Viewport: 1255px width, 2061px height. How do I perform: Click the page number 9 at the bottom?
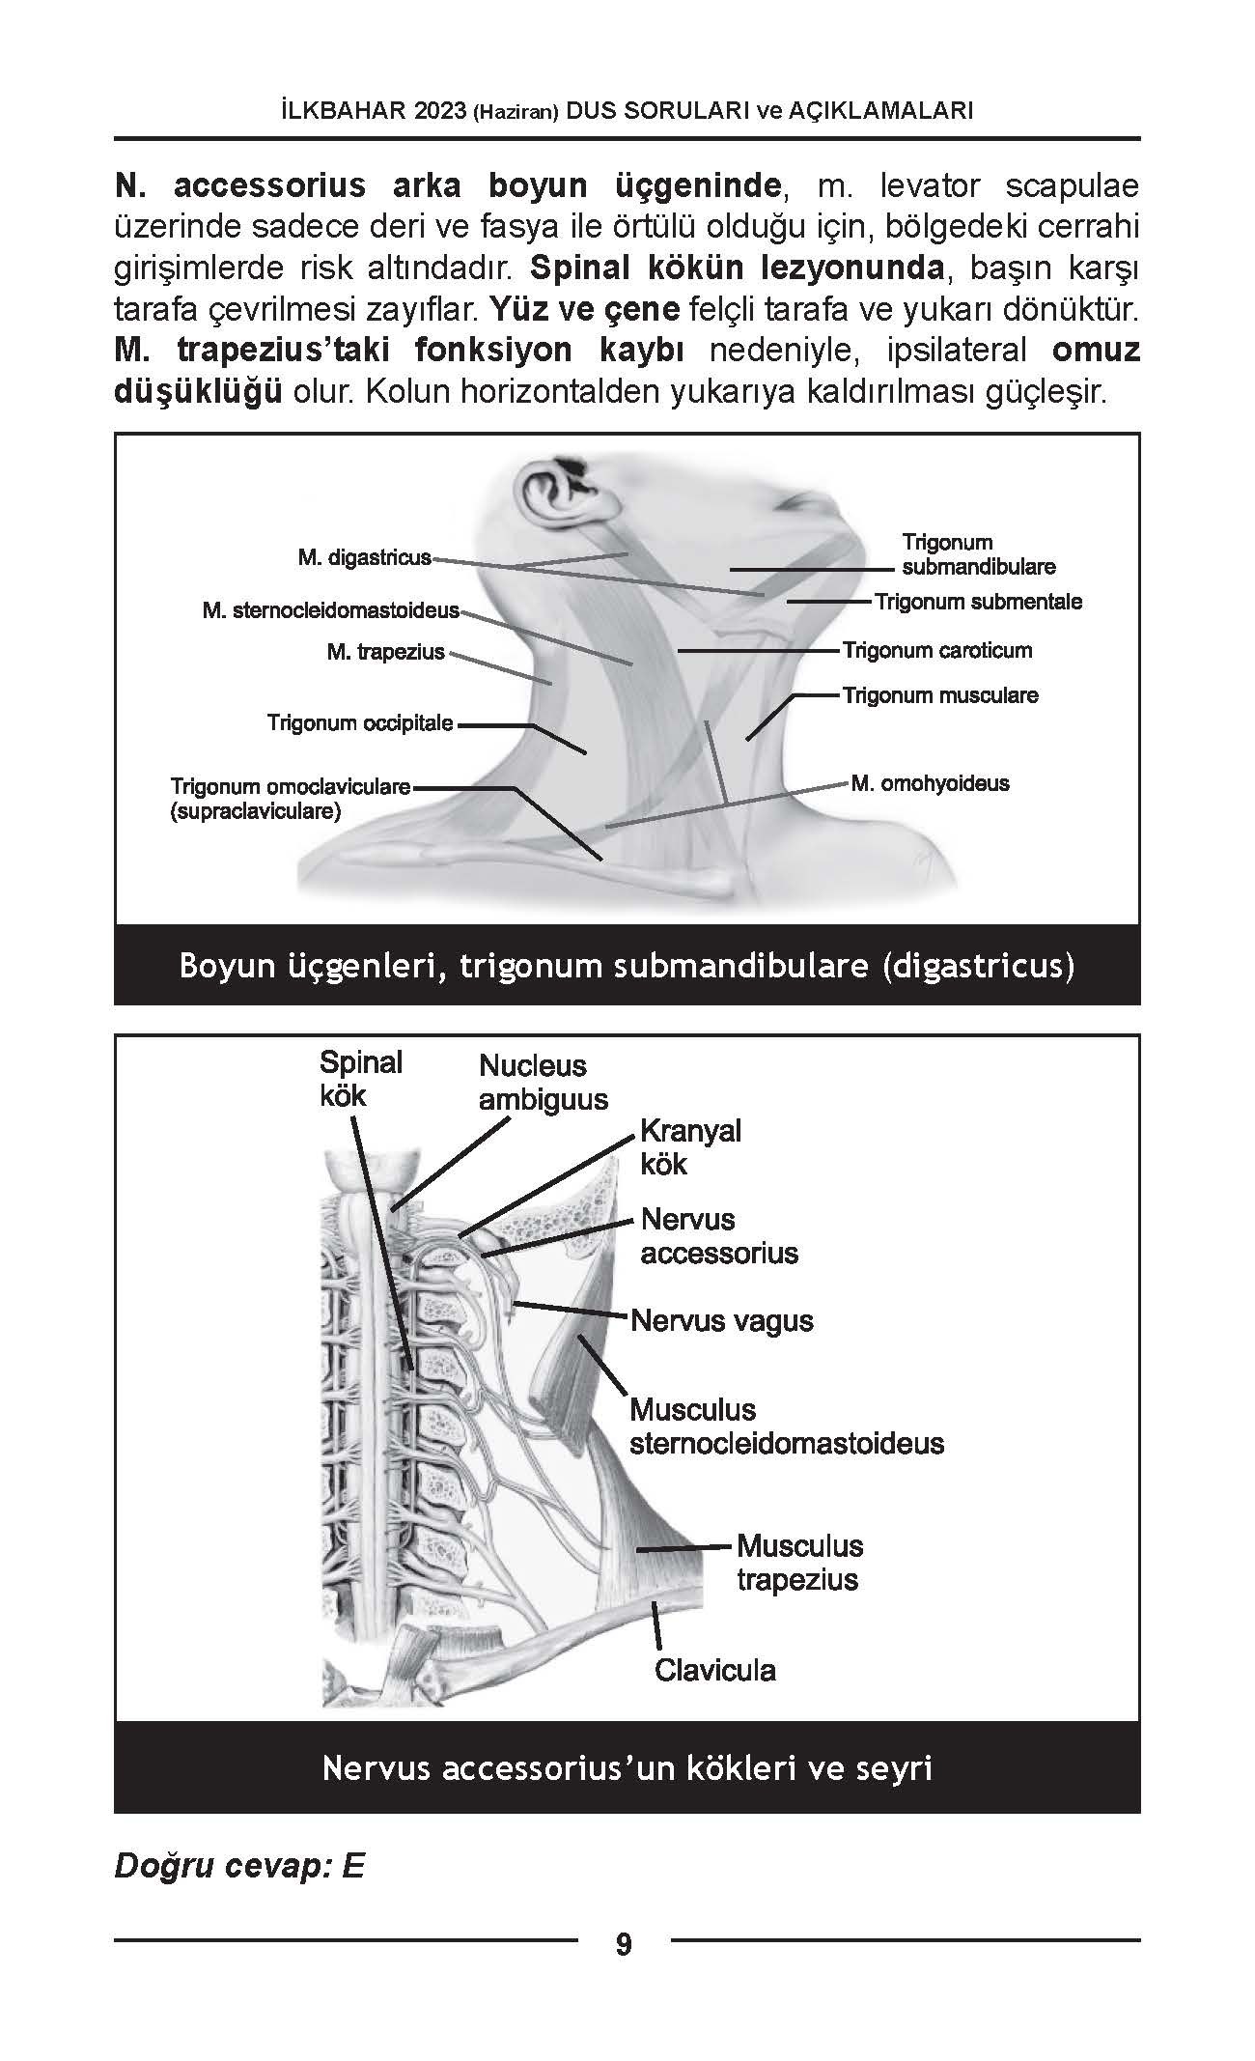pyautogui.click(x=624, y=1944)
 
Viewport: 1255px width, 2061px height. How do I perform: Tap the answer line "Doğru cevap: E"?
pyautogui.click(x=239, y=1866)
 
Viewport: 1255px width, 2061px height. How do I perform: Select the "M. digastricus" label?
pyautogui.click(x=365, y=558)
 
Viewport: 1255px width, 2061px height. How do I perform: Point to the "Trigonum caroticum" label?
pyautogui.click(x=937, y=650)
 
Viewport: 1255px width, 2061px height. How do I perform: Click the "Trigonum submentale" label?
pyautogui.click(x=978, y=602)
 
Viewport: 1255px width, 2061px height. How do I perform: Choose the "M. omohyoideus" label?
pyautogui.click(x=931, y=782)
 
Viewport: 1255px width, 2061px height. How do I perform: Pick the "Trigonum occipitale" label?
pyautogui.click(x=360, y=722)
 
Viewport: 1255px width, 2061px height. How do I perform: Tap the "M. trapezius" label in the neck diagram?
pyautogui.click(x=386, y=652)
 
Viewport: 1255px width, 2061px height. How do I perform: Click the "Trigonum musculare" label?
pyautogui.click(x=940, y=695)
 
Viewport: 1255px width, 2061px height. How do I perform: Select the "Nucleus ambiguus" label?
pyautogui.click(x=544, y=1083)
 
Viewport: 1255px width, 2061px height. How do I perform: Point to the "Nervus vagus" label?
pyautogui.click(x=722, y=1320)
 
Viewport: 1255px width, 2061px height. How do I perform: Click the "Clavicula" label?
pyautogui.click(x=715, y=1670)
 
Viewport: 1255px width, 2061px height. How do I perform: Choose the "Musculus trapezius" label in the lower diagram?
pyautogui.click(x=799, y=1563)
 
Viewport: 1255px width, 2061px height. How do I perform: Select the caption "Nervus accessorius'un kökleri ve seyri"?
pyautogui.click(x=627, y=1768)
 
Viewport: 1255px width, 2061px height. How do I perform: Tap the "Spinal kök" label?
pyautogui.click(x=361, y=1079)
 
